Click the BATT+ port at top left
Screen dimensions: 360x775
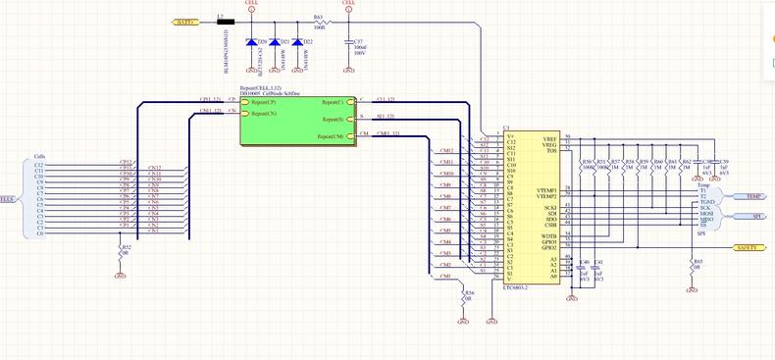click(185, 20)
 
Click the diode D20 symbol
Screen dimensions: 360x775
click(252, 43)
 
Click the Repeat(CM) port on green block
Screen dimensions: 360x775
click(332, 135)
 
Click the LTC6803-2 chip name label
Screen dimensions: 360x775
click(516, 287)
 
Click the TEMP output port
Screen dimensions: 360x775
click(747, 196)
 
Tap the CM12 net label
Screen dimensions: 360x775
click(446, 150)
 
